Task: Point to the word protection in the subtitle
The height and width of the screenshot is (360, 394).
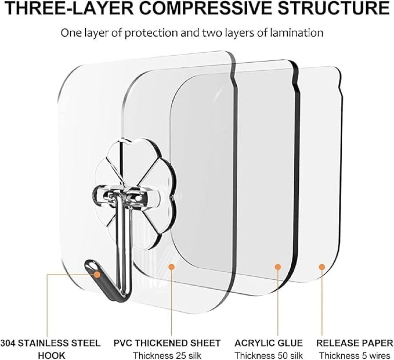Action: [x=151, y=33]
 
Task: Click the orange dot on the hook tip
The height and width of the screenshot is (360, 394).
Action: [x=97, y=275]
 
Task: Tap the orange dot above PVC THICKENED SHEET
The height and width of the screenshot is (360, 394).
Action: [x=172, y=267]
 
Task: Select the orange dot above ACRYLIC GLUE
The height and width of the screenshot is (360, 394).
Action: [x=278, y=267]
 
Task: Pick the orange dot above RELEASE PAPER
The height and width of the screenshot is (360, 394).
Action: [x=322, y=267]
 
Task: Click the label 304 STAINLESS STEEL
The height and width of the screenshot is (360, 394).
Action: [x=50, y=338]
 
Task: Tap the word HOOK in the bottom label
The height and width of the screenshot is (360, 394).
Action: [x=51, y=350]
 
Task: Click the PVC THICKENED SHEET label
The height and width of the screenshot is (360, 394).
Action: [x=167, y=338]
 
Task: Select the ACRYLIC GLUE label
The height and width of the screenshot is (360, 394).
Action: [x=269, y=338]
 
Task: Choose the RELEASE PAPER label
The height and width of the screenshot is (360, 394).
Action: [x=355, y=338]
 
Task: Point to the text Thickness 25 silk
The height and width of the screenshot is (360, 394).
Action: [x=167, y=350]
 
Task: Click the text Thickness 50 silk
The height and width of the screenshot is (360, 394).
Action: [x=269, y=350]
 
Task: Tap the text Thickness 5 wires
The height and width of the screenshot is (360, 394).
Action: [x=355, y=350]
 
